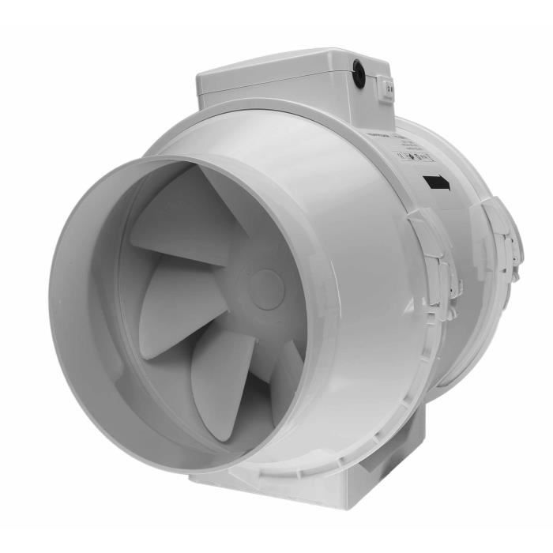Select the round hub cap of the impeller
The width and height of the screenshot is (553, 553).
pyautogui.click(x=267, y=284)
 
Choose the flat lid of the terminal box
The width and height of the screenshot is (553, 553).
pyautogui.click(x=284, y=63)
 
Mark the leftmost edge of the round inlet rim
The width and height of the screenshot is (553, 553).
pyautogui.click(x=54, y=316)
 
